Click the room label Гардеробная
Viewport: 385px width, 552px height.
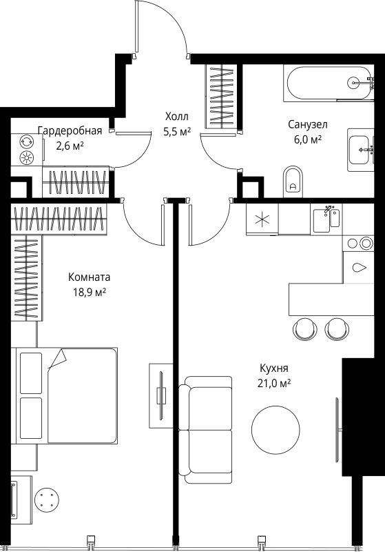70,131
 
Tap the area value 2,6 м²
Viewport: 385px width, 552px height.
70,146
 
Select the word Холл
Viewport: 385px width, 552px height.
175,117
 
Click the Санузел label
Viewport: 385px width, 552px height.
307,124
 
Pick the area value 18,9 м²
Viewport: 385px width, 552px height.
89,292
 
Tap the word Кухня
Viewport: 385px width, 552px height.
274,368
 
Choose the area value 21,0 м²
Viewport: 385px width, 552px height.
274,383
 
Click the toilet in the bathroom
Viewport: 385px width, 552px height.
293,179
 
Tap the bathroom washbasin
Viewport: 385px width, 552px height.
360,147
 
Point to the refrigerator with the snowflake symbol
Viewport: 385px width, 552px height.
262,220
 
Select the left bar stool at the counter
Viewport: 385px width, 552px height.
304,328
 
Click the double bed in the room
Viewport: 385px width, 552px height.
67,395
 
